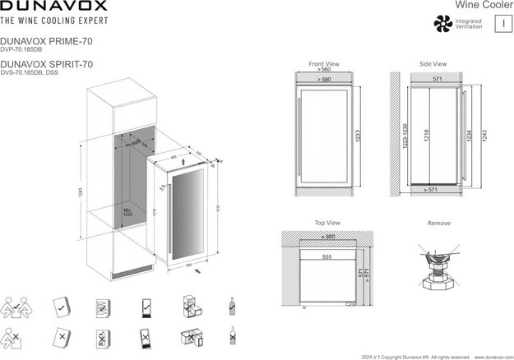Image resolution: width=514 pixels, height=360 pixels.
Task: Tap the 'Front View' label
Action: point(324,63)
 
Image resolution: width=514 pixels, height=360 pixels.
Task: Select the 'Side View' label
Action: point(433,63)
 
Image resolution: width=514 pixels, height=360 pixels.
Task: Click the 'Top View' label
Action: point(327,223)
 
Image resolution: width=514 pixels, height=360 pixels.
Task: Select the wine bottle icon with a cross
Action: point(233,337)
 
